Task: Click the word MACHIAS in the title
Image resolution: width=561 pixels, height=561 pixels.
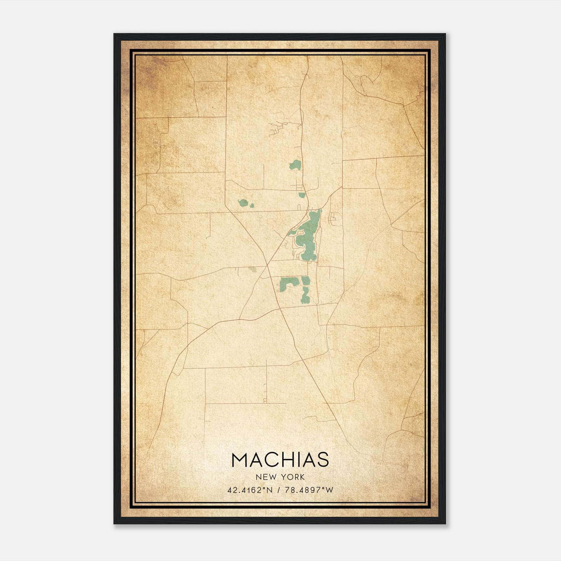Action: pyautogui.click(x=280, y=460)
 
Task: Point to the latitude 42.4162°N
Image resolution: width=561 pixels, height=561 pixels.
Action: pyautogui.click(x=250, y=490)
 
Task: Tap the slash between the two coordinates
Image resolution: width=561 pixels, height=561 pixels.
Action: pyautogui.click(x=279, y=490)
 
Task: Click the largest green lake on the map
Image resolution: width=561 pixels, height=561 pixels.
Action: pyautogui.click(x=309, y=238)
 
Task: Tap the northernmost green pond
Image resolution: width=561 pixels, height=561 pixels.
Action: pyautogui.click(x=296, y=165)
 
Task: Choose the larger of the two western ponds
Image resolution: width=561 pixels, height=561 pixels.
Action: pyautogui.click(x=243, y=203)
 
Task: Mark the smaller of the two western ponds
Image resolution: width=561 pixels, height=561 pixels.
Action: pyautogui.click(x=252, y=205)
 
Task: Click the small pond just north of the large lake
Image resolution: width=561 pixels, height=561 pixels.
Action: pyautogui.click(x=302, y=195)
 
